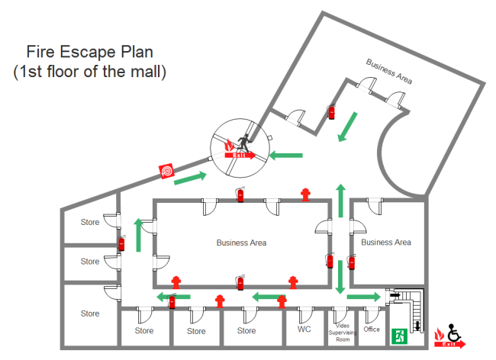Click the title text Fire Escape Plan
pyautogui.click(x=90, y=53)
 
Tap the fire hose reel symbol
pyautogui.click(x=166, y=172)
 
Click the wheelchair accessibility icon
pyautogui.click(x=454, y=333)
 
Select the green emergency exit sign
pyautogui.click(x=398, y=335)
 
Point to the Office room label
pyautogui.click(x=372, y=329)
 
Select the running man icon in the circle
pyautogui.click(x=243, y=142)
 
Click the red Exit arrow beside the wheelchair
pyautogui.click(x=449, y=345)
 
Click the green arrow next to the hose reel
pyautogui.click(x=192, y=178)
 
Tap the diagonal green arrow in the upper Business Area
pyautogui.click(x=347, y=127)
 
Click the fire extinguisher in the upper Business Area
pyautogui.click(x=331, y=112)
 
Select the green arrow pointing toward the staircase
pyautogui.click(x=363, y=297)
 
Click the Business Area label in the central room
pyautogui.click(x=241, y=243)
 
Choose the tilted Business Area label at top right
pyautogui.click(x=389, y=69)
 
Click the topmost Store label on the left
pyautogui.click(x=90, y=223)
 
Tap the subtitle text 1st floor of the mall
pyautogui.click(x=90, y=72)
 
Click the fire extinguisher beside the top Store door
pyautogui.click(x=121, y=243)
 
